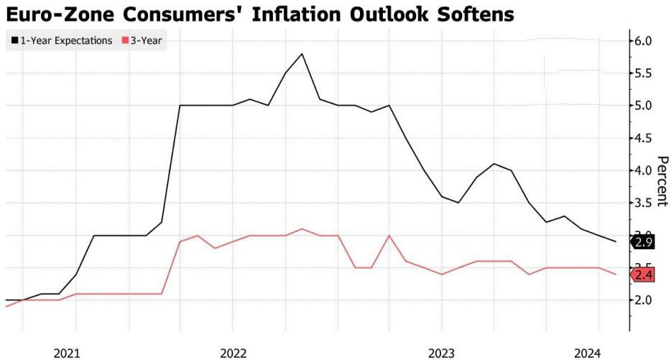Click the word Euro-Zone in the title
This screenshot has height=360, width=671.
(x=60, y=14)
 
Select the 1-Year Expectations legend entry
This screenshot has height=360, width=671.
(x=62, y=41)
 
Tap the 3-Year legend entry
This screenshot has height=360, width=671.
(x=142, y=41)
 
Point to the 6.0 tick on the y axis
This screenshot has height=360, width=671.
(x=642, y=41)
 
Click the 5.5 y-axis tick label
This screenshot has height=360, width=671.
(x=642, y=73)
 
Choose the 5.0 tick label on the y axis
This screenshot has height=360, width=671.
(x=642, y=106)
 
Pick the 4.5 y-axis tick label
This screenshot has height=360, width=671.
(x=642, y=138)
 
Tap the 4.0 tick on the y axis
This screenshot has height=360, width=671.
(x=642, y=170)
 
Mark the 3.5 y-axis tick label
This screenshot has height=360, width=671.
(x=642, y=203)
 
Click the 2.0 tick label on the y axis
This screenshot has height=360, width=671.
(x=642, y=300)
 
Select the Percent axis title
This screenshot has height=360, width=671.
(x=662, y=181)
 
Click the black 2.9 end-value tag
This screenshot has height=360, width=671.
(x=643, y=242)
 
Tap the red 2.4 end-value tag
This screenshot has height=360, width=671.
(x=643, y=274)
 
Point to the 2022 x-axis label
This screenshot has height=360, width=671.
(x=233, y=354)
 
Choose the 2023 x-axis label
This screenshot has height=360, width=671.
(x=441, y=354)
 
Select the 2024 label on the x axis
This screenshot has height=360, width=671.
(x=588, y=354)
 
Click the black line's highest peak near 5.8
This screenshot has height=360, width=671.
(x=302, y=54)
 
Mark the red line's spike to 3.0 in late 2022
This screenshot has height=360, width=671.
(x=389, y=236)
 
